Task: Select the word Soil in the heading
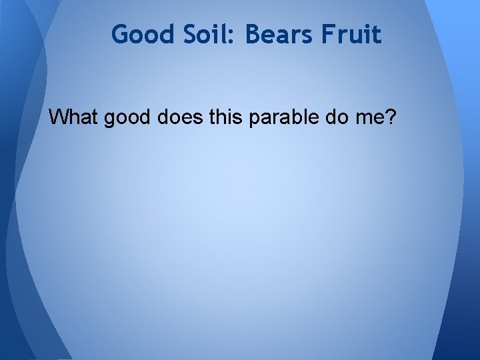click(201, 34)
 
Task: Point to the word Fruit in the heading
click(355, 34)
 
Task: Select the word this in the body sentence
click(225, 117)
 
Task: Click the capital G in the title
click(120, 34)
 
